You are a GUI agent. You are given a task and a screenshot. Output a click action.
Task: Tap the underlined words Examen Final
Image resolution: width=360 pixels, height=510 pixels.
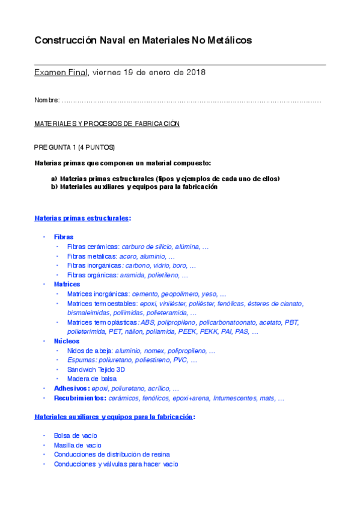click(61, 73)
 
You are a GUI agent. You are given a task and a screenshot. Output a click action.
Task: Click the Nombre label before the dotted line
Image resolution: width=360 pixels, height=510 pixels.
click(47, 100)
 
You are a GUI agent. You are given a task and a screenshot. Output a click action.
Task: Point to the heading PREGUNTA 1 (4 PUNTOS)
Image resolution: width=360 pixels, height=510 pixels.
click(75, 147)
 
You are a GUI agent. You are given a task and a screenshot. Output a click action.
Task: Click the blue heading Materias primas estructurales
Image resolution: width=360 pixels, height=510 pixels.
click(82, 218)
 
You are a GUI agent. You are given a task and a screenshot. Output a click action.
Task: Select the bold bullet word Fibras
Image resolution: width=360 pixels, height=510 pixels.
click(64, 237)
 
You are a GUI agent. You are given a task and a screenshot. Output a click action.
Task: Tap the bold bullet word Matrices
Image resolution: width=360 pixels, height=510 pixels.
click(67, 284)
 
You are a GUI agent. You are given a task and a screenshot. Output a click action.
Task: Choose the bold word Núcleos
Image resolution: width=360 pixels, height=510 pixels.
click(66, 341)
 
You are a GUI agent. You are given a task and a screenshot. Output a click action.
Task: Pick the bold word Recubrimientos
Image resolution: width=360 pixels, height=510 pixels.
click(81, 398)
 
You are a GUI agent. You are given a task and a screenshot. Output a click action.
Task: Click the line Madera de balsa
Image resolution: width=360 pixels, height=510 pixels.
click(92, 379)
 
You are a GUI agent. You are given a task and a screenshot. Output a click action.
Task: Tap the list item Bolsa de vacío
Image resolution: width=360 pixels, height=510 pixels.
click(76, 435)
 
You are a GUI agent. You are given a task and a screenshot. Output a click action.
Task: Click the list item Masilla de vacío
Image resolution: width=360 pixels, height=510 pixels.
click(78, 445)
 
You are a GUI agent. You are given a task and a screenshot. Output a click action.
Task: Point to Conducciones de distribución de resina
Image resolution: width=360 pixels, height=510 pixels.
click(112, 455)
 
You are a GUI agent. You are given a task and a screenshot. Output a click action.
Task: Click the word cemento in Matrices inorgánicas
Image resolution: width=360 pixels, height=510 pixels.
click(144, 293)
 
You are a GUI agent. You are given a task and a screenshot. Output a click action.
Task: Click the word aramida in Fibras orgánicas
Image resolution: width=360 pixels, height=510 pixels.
click(132, 275)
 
